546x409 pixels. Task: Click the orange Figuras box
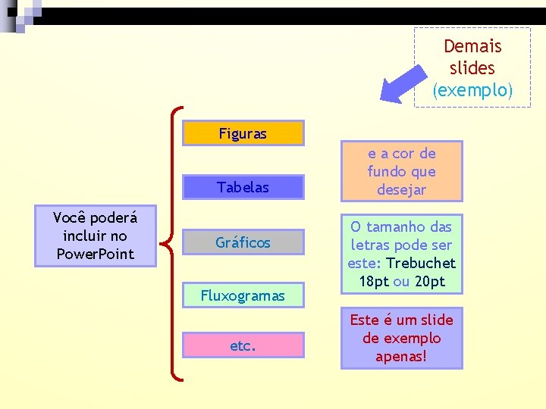coord(243,133)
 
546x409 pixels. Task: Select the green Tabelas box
coord(243,187)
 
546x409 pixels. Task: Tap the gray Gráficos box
coord(243,242)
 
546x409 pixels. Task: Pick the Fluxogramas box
coord(243,295)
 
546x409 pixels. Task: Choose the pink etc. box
coord(243,346)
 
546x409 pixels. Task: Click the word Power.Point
coord(95,254)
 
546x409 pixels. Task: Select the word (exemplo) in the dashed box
coord(472,90)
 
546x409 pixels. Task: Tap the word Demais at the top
coord(472,46)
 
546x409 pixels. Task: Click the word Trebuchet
coord(421,263)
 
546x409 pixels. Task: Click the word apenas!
coord(401,356)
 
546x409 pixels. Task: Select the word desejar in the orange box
coord(401,190)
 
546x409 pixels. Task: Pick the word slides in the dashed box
coord(472,68)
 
